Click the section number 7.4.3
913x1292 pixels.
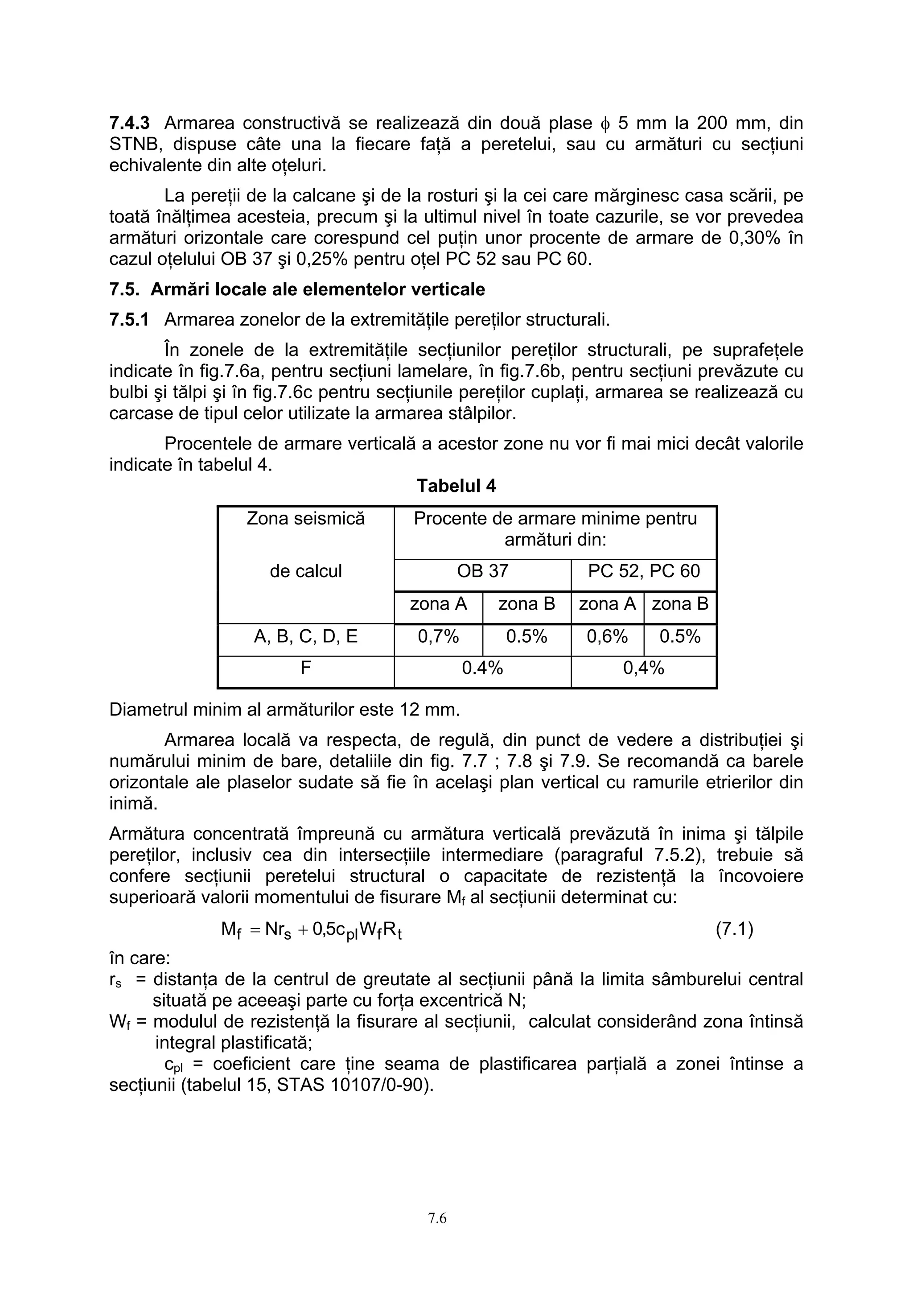(x=128, y=123)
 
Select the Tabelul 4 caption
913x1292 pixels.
(x=456, y=486)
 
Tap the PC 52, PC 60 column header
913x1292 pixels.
(x=644, y=571)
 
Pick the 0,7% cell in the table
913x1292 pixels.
(x=438, y=636)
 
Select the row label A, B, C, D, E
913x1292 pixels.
(x=305, y=636)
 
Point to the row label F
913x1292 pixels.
(x=305, y=668)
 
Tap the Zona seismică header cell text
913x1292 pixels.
(x=305, y=518)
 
